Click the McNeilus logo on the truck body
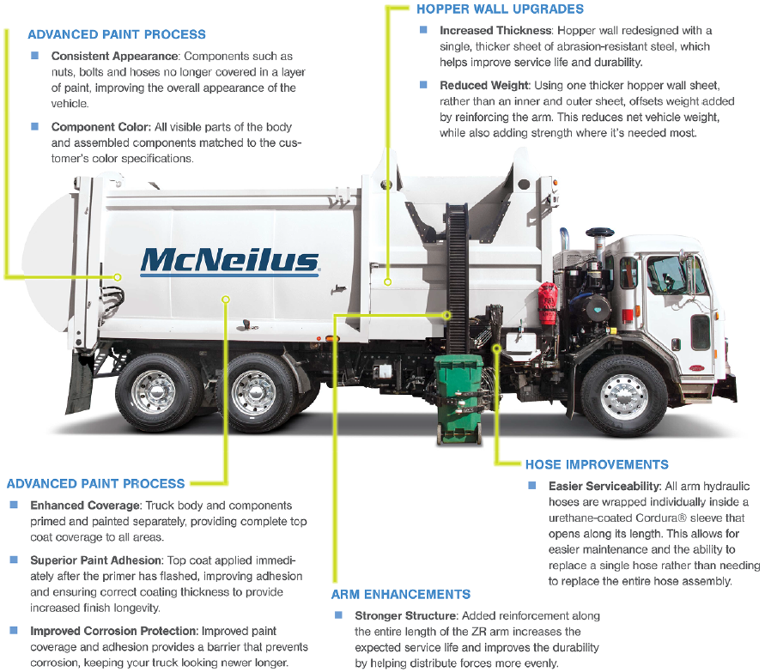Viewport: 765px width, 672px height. (x=229, y=259)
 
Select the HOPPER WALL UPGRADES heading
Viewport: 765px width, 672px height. (x=500, y=9)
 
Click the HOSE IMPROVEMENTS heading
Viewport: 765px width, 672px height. (x=597, y=464)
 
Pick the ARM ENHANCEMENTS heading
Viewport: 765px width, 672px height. (x=401, y=594)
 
